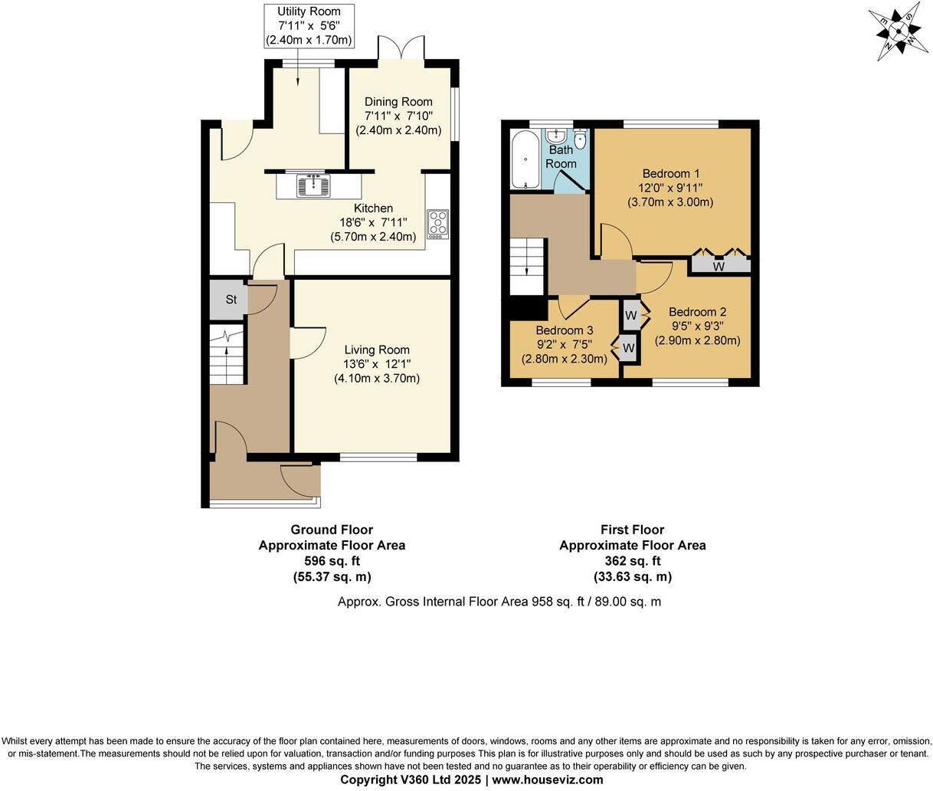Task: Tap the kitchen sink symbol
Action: pos(313,185)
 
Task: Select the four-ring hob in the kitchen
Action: pos(438,224)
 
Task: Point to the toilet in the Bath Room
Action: pos(580,139)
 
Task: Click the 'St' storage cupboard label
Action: pos(231,300)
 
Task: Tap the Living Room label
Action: pos(376,350)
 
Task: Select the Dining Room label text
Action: pos(398,102)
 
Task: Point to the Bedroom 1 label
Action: pos(670,173)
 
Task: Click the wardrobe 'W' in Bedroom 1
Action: pos(719,266)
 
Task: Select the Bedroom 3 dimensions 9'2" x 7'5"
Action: pos(564,344)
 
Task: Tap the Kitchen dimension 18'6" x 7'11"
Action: pos(373,223)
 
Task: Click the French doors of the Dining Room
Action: pos(402,48)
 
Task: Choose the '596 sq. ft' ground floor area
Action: pos(332,561)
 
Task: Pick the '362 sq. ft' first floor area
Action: pos(632,561)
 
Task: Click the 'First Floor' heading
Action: pos(632,530)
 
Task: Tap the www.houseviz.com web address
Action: pos(548,780)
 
